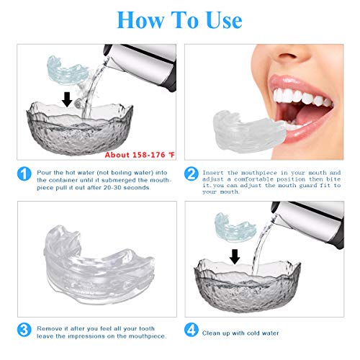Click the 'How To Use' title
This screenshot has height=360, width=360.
(x=179, y=19)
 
